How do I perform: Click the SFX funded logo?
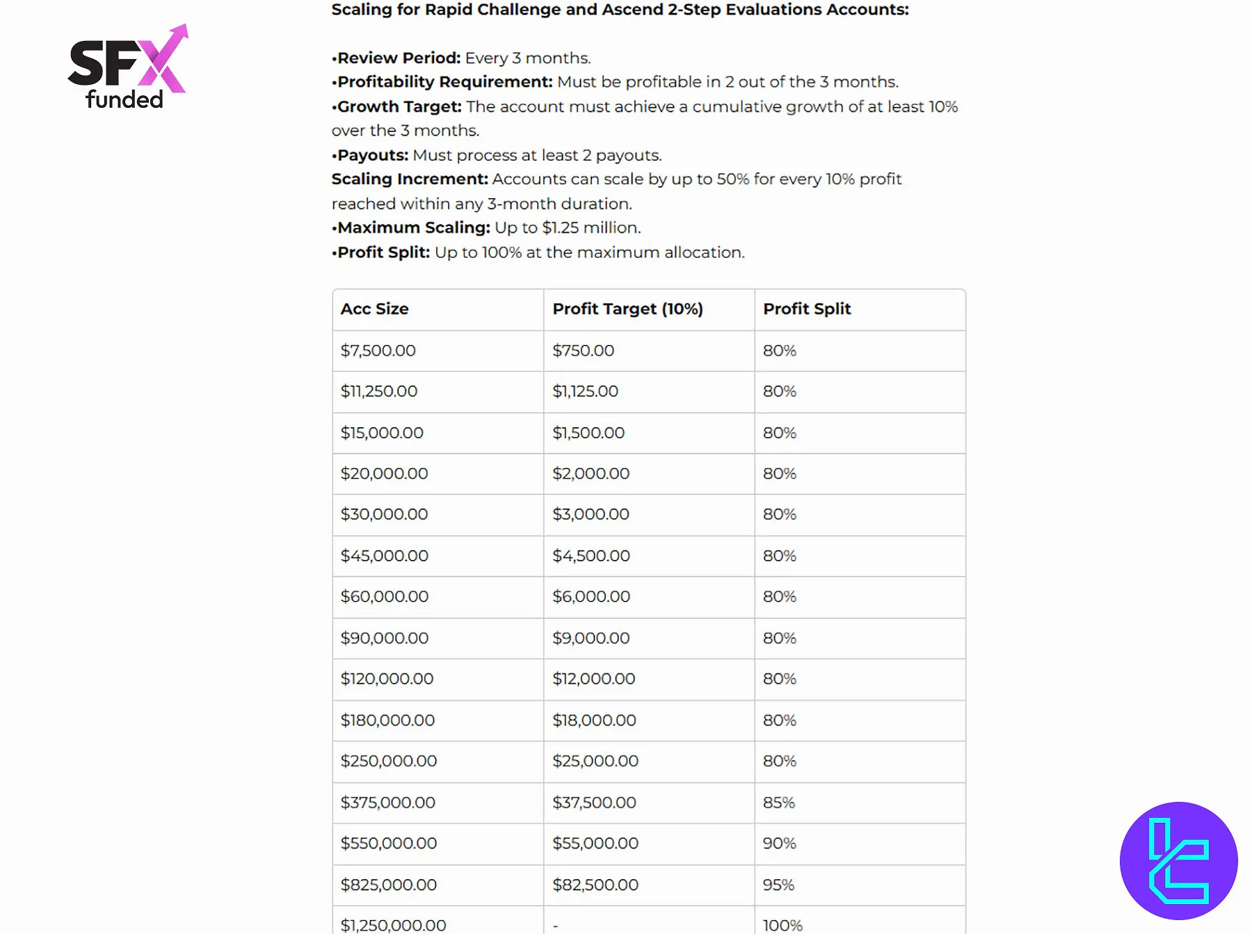click(128, 67)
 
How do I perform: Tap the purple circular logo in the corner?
click(1178, 860)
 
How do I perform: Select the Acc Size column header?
click(374, 309)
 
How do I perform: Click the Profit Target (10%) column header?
click(627, 309)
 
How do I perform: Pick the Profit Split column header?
click(807, 309)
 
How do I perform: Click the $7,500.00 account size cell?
click(378, 351)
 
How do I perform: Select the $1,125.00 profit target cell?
click(585, 392)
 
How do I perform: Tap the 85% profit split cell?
click(779, 803)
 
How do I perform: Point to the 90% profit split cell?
click(779, 844)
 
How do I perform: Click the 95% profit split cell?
click(778, 885)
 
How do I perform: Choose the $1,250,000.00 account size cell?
click(393, 925)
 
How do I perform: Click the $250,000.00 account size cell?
click(388, 761)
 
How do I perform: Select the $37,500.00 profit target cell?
click(594, 803)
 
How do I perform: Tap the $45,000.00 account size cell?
click(384, 556)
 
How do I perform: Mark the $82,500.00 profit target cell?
click(595, 885)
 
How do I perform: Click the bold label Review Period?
click(399, 58)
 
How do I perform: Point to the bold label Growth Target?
click(399, 106)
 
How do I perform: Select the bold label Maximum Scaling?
click(414, 227)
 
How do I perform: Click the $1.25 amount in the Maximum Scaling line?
click(561, 227)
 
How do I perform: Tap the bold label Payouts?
click(373, 155)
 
